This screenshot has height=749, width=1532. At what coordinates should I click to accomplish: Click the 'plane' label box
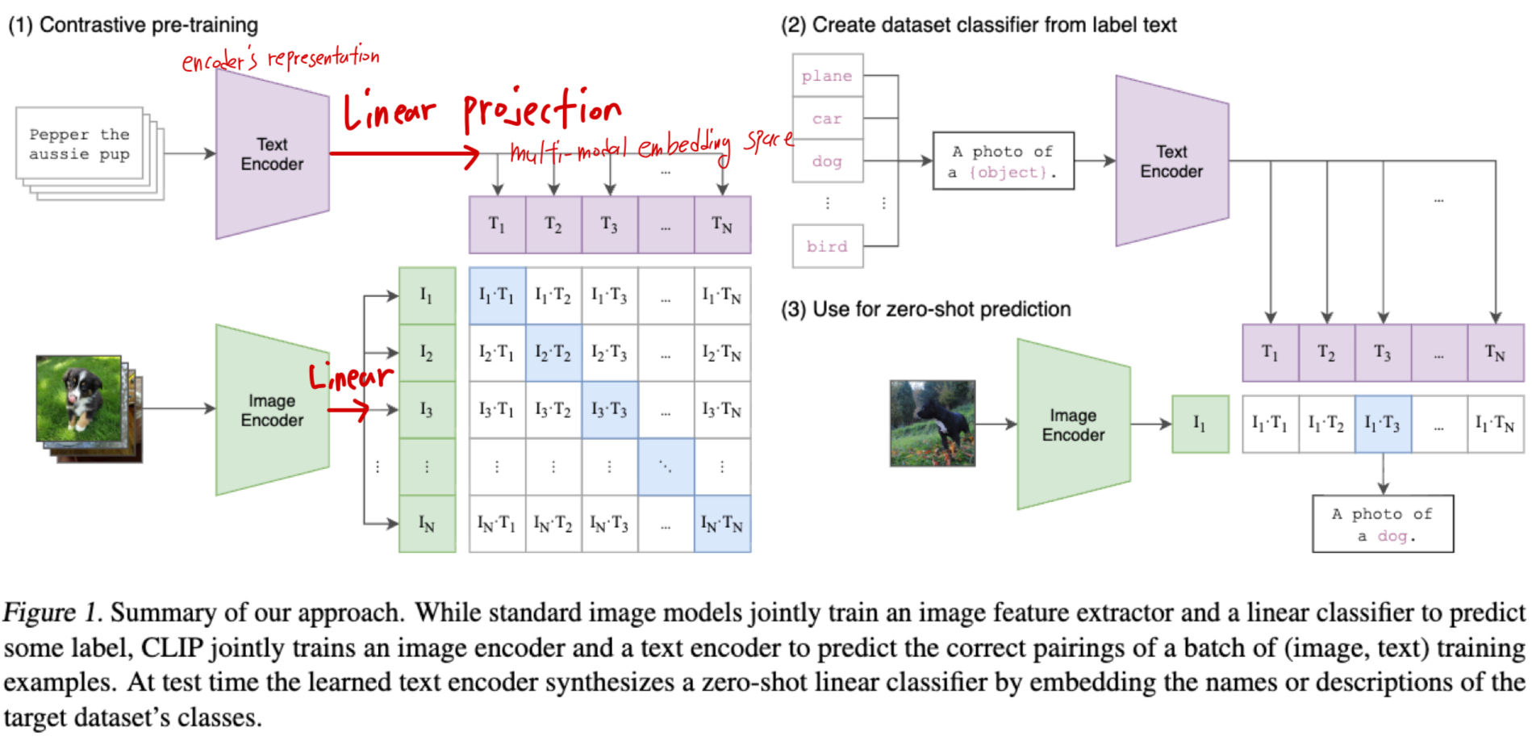pos(828,76)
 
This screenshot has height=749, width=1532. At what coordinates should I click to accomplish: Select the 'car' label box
pos(828,119)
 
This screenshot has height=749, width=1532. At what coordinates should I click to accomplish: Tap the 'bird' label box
pos(828,246)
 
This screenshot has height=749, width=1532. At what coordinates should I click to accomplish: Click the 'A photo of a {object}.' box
pos(1003,161)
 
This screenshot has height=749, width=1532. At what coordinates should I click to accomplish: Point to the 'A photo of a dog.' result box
pos(1382,524)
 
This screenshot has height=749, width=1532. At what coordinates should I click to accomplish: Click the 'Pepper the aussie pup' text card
pos(79,144)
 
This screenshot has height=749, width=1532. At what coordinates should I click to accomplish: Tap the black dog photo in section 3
pos(932,424)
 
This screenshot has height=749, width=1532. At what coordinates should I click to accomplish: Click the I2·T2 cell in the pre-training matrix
pos(553,353)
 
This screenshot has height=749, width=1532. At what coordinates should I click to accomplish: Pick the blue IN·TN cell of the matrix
pos(722,524)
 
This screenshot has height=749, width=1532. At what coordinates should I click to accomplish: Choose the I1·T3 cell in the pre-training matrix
pos(610,295)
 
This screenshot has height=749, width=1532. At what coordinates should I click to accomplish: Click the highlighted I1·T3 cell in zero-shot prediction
pos(1383,424)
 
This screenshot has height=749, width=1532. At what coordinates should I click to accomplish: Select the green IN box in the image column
pos(427,524)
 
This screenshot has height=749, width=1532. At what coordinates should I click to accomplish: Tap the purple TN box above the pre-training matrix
pos(722,224)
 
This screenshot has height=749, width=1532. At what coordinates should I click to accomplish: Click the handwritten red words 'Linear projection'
pos(482,111)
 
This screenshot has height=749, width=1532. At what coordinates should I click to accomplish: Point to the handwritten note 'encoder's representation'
pos(280,59)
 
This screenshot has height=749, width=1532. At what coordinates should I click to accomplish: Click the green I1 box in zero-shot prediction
pos(1200,424)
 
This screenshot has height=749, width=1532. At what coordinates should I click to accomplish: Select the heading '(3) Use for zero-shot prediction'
pos(925,309)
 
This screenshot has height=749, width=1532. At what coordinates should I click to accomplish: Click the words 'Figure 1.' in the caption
pos(52,613)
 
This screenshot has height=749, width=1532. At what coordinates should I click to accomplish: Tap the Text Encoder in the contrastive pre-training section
pos(272,154)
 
